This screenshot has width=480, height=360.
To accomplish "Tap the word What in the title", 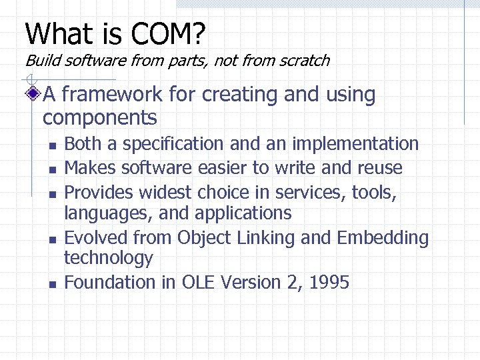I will coord(53,33).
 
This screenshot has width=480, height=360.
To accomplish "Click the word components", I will coord(99,118).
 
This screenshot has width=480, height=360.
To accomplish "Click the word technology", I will coord(108,258).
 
